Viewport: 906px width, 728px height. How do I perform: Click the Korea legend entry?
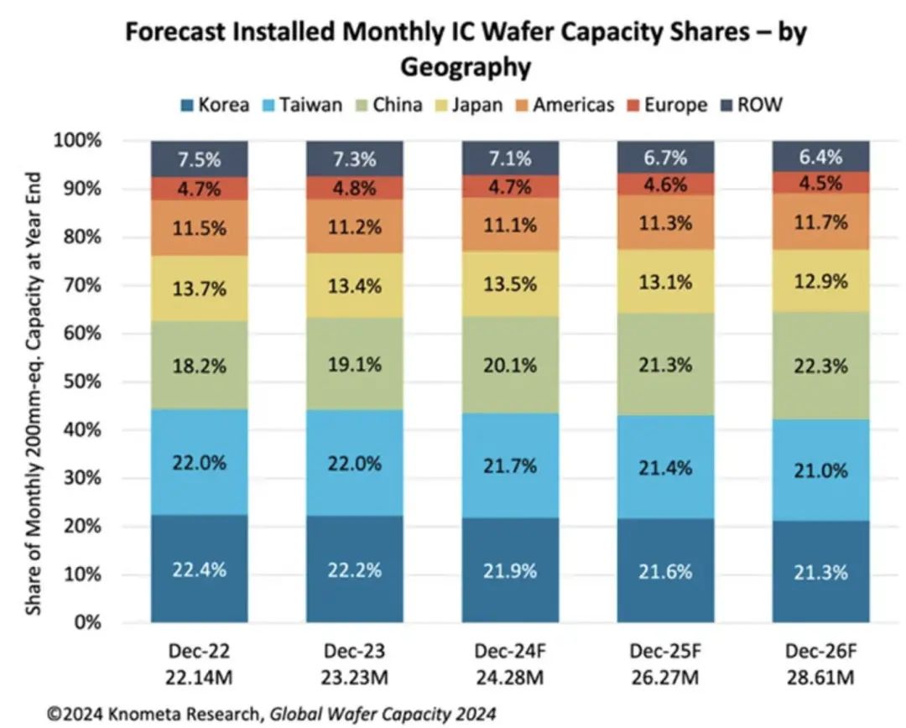pyautogui.click(x=215, y=105)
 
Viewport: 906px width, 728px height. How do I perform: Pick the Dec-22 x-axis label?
pyautogui.click(x=200, y=650)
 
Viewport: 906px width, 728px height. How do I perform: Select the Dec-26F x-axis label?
pyautogui.click(x=821, y=650)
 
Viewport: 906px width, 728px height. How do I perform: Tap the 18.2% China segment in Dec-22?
pyautogui.click(x=200, y=367)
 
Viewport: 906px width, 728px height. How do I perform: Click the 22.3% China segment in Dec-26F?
pyautogui.click(x=821, y=367)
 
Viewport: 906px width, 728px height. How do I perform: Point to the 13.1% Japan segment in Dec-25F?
pyautogui.click(x=666, y=282)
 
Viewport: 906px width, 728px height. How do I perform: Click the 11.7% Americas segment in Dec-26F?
pyautogui.click(x=821, y=222)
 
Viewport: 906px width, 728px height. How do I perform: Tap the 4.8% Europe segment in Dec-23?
pyautogui.click(x=355, y=188)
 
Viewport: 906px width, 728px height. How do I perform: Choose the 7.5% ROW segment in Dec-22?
pyautogui.click(x=200, y=159)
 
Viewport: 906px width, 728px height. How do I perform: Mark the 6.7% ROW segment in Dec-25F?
pyautogui.click(x=666, y=157)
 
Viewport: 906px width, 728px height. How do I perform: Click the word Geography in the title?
pyautogui.click(x=465, y=65)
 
